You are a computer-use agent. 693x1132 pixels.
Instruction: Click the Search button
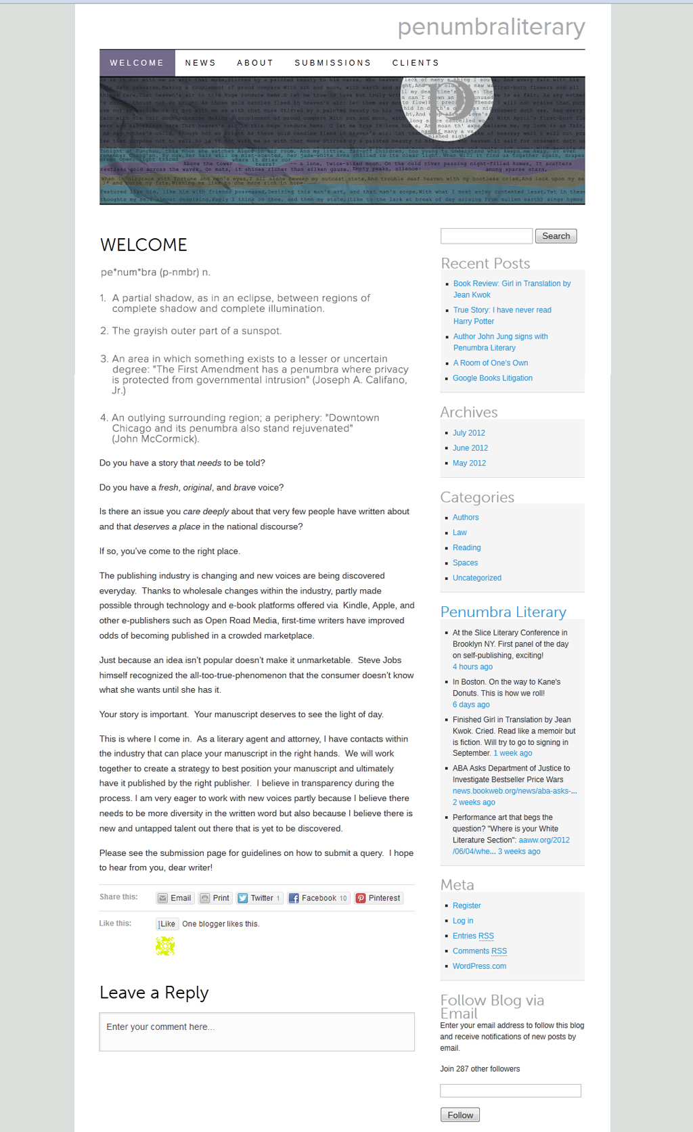coord(556,236)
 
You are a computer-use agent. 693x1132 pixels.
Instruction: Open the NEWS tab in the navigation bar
coord(200,63)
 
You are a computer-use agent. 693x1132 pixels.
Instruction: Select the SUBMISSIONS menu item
coord(332,63)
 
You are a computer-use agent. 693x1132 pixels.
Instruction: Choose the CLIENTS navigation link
coord(416,63)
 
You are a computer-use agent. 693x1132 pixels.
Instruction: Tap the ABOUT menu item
coord(255,63)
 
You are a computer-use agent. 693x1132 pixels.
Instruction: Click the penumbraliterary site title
coord(491,27)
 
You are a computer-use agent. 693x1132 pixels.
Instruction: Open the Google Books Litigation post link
coord(492,378)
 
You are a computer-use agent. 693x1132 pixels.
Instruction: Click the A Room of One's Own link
coord(490,363)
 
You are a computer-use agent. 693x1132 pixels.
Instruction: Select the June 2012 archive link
coord(470,448)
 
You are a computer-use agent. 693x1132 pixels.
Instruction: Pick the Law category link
coord(460,533)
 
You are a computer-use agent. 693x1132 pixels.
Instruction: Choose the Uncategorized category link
coord(476,578)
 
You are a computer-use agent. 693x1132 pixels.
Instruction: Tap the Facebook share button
coord(318,898)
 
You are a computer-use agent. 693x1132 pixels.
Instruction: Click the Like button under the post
coord(166,924)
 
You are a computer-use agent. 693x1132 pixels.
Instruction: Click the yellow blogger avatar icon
coord(165,946)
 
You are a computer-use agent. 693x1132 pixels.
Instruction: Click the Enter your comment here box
coord(256,1031)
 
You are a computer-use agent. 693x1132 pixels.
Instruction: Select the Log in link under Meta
coord(462,921)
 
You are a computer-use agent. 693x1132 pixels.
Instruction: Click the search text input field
coord(486,236)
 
